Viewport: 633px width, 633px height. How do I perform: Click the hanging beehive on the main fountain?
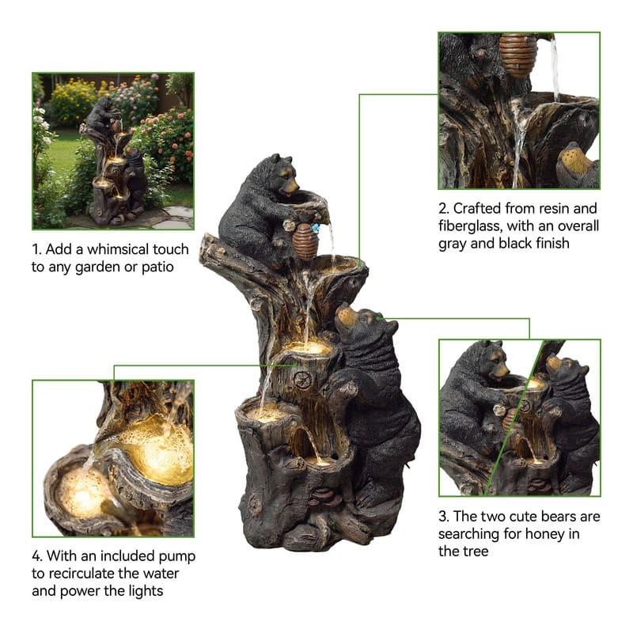click(305, 241)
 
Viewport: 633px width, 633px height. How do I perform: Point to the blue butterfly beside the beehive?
click(315, 228)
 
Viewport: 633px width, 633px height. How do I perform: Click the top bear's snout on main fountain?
click(291, 187)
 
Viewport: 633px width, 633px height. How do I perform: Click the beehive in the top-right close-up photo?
click(517, 55)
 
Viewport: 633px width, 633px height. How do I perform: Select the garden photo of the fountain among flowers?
click(113, 151)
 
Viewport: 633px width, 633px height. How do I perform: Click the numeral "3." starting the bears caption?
click(444, 517)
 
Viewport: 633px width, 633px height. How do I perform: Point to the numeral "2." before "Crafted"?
click(444, 209)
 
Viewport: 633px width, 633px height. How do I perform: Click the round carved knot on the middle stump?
click(303, 380)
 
